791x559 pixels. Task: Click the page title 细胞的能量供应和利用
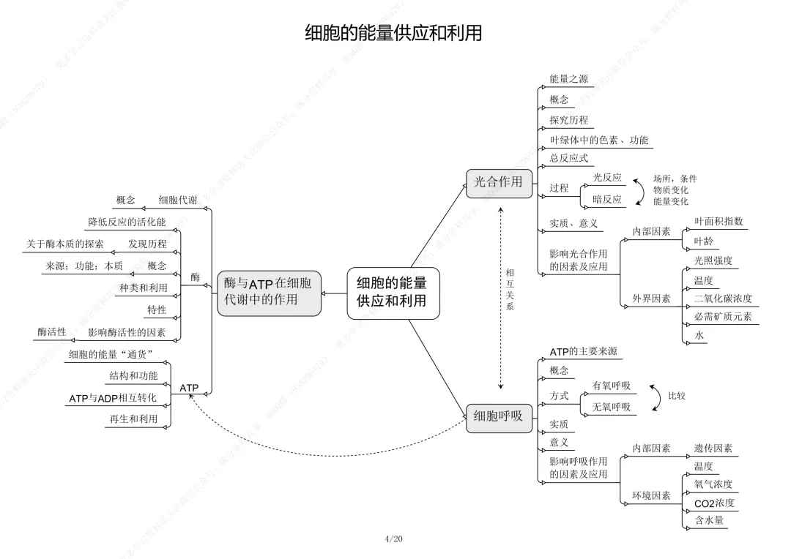(393, 33)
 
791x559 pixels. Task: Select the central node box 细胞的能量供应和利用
(393, 291)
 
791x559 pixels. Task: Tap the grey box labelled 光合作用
(498, 182)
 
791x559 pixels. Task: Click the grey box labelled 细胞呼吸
(498, 416)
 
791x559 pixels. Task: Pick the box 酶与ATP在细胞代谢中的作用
(269, 292)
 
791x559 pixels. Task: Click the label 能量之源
(568, 79)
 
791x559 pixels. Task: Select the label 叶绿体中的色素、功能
(598, 140)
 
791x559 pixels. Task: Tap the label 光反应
(607, 178)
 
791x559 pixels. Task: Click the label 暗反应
(607, 198)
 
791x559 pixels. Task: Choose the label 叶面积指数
(718, 221)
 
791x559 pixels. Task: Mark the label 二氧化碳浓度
(722, 299)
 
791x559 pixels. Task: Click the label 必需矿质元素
(722, 317)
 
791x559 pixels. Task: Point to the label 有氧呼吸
(612, 386)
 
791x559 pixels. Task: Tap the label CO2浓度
(714, 503)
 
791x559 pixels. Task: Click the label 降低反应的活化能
(127, 222)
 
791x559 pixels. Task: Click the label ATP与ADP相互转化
(113, 398)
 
